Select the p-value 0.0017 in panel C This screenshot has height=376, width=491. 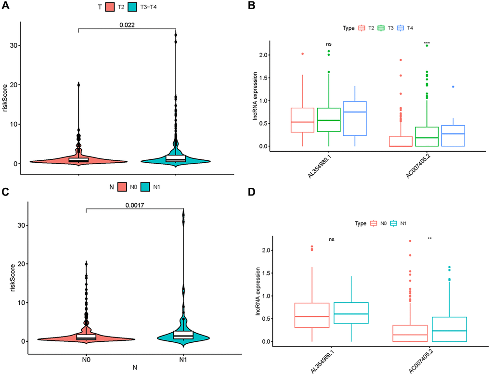(135, 204)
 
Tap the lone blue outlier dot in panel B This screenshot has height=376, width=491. (453, 87)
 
